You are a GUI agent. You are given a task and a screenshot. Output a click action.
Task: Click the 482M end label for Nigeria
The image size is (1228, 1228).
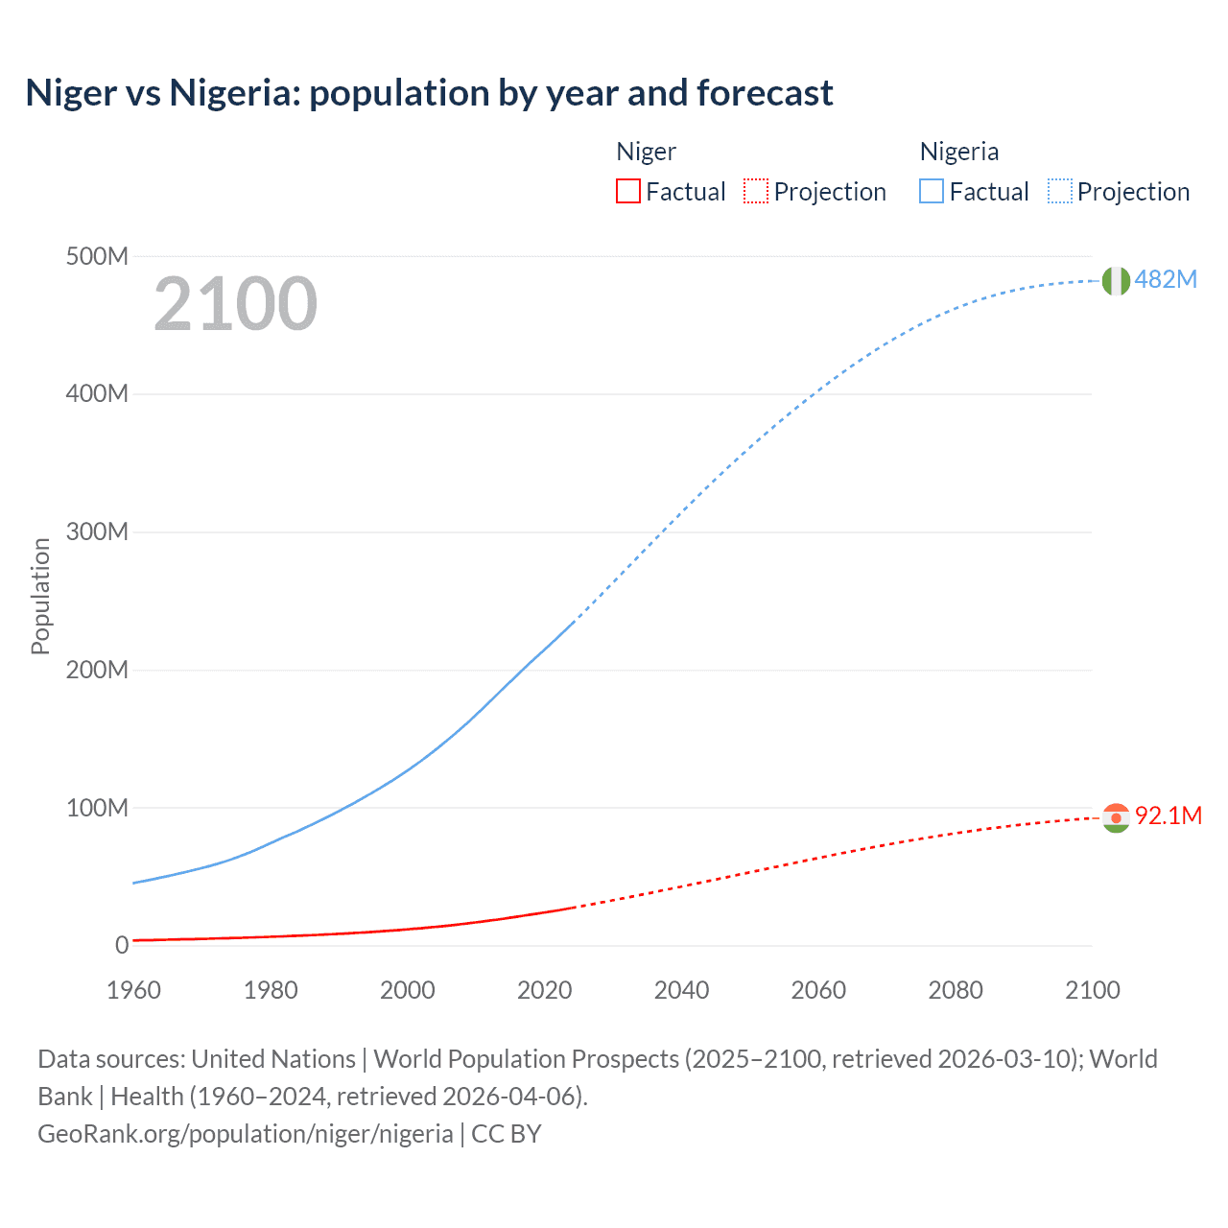[1165, 279]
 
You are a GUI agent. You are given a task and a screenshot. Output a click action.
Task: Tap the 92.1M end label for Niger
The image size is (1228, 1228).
[1168, 815]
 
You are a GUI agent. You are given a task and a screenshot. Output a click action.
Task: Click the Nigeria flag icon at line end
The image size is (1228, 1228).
[1116, 280]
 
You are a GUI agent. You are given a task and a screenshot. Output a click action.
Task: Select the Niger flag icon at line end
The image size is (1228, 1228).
[1116, 817]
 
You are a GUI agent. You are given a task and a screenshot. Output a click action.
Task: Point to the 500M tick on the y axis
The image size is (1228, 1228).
[97, 256]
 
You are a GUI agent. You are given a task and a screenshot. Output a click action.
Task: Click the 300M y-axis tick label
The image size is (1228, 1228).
[97, 531]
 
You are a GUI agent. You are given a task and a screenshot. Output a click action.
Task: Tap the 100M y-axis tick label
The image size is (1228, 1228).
[97, 808]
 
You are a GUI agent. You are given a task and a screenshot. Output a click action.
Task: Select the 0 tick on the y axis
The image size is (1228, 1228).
[122, 945]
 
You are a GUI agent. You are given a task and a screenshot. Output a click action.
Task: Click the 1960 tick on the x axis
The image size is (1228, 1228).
[133, 990]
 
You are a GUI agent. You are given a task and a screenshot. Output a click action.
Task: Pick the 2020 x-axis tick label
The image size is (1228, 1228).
[544, 990]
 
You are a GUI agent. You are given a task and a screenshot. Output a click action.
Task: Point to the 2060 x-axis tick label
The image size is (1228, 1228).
[818, 990]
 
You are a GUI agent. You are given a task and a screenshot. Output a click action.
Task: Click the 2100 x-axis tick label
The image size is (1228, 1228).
[1092, 990]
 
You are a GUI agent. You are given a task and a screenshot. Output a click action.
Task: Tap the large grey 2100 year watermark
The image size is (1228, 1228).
[235, 304]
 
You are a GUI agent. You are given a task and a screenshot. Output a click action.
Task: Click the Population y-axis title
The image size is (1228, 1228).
[40, 596]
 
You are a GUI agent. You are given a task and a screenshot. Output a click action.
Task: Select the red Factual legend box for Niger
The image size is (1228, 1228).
[627, 191]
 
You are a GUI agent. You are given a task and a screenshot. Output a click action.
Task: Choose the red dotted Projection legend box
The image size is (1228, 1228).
[756, 191]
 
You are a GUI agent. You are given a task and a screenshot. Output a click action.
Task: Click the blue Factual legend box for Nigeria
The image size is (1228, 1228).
[931, 191]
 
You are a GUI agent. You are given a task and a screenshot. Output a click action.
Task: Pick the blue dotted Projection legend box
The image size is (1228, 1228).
[1059, 191]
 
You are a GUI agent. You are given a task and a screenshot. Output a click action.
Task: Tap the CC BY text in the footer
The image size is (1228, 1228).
[507, 1134]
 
